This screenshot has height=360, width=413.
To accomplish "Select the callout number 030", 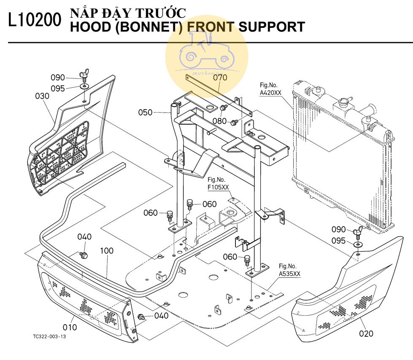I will (42, 96).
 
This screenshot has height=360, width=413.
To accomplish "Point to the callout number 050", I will (146, 112).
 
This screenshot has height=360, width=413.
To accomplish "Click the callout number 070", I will (220, 77).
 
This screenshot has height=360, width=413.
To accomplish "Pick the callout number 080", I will (219, 121).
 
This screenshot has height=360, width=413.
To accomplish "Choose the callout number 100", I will (107, 250).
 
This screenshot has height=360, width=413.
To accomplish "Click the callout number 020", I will (366, 333).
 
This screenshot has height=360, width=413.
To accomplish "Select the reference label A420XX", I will (270, 93).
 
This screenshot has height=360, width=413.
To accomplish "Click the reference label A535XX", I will (289, 273).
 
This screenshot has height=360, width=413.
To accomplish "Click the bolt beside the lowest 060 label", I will (248, 260).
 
